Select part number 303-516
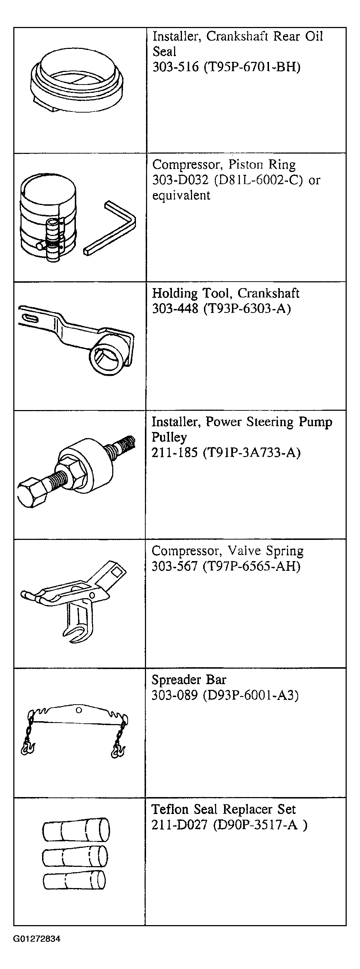pos(175,67)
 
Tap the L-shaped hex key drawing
pos(110,228)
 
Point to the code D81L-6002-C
pos(259,180)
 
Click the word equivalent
pos(181,195)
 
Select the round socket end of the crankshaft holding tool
pos(106,354)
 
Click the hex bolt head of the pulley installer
pos(32,493)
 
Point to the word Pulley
pos(169,437)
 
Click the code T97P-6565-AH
pos(252,566)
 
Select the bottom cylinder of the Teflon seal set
pos(74,881)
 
